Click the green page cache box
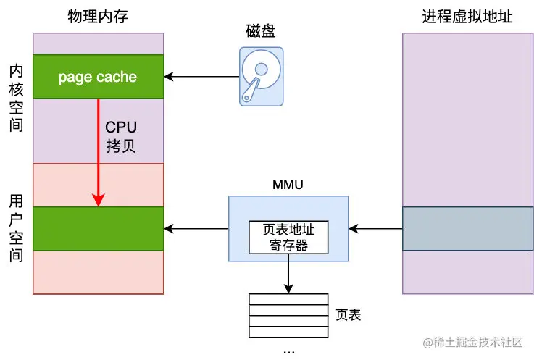[x=99, y=77]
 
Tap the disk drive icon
[x=262, y=77]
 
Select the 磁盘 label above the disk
[x=261, y=31]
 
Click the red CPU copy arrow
[x=99, y=152]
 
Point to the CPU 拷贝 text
[x=121, y=137]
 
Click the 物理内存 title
[x=98, y=16]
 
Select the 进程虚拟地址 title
[x=467, y=16]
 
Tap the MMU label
[x=288, y=185]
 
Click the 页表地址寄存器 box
[x=288, y=238]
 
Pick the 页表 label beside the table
[x=348, y=315]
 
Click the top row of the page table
[x=288, y=299]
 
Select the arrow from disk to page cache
[x=201, y=77]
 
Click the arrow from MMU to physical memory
[x=196, y=229]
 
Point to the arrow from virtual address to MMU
[x=375, y=229]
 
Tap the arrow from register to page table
[x=288, y=274]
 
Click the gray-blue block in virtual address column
[x=467, y=229]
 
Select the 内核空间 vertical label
[x=16, y=98]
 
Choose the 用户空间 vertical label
[x=16, y=228]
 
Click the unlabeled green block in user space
[x=99, y=229]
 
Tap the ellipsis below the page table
[x=289, y=352]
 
